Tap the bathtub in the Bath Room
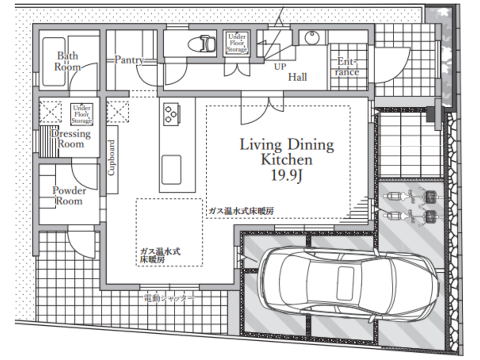coord(53,61)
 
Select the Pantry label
coord(129,60)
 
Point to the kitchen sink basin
coord(172,170)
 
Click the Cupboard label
coord(111,158)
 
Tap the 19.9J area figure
coord(286,175)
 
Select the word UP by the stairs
coord(280,67)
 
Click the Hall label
coord(297,77)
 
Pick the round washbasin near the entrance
coord(312,38)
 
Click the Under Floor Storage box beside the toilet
coord(237,43)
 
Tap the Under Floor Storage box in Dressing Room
coord(82,114)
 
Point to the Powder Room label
coord(69,196)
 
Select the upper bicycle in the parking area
coord(410,196)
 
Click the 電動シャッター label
coord(169,298)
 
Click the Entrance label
coord(347,67)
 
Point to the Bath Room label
coord(67,61)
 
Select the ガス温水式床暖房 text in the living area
coord(241,211)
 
